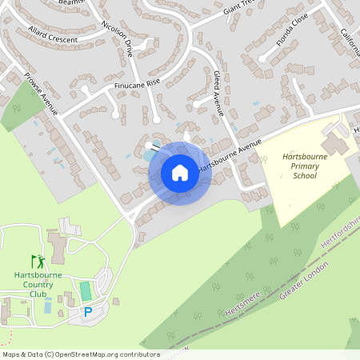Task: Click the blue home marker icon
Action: tap(179, 173)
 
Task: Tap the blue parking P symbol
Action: tap(88, 312)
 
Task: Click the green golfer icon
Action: tap(37, 261)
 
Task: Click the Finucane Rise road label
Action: tap(138, 82)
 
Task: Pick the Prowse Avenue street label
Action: tap(41, 94)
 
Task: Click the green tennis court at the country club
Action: tap(86, 290)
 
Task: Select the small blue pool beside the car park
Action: tap(49, 306)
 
